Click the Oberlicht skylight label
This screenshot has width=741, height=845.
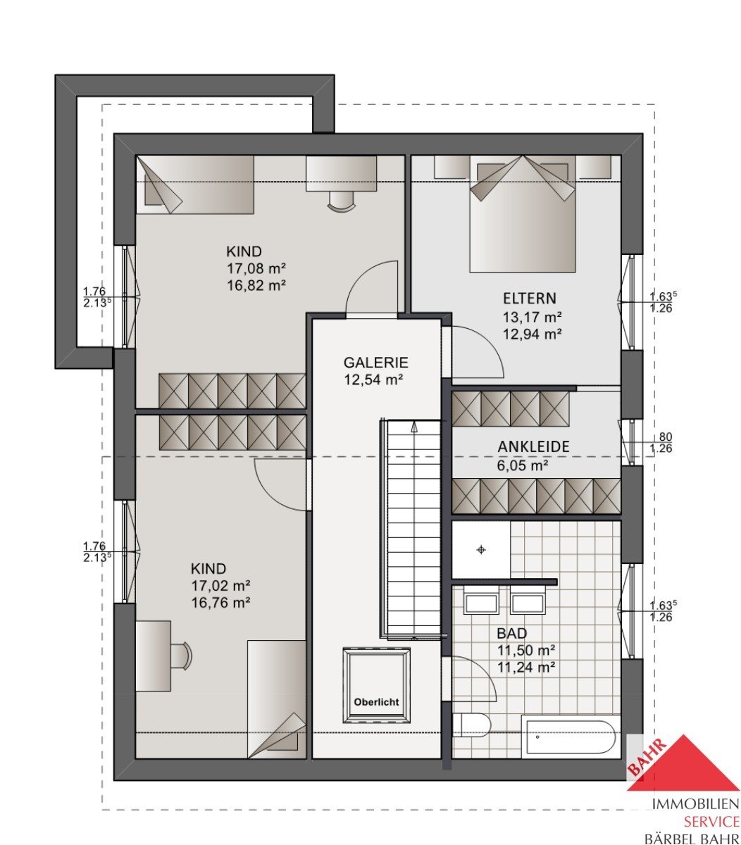(376, 702)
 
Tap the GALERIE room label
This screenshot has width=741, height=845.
(375, 363)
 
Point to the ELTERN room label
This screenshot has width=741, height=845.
(529, 299)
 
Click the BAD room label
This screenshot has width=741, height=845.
(511, 633)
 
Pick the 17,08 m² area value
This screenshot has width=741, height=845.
(256, 268)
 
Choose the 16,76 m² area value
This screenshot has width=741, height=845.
(220, 603)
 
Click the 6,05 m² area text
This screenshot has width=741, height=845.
(523, 465)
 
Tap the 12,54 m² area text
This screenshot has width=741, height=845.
(373, 380)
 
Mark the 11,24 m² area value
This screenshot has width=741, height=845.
(525, 668)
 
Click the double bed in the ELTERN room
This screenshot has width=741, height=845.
(523, 214)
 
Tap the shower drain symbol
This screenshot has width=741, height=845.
(481, 550)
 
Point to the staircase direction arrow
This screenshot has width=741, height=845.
(414, 426)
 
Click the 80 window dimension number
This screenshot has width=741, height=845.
(665, 437)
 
